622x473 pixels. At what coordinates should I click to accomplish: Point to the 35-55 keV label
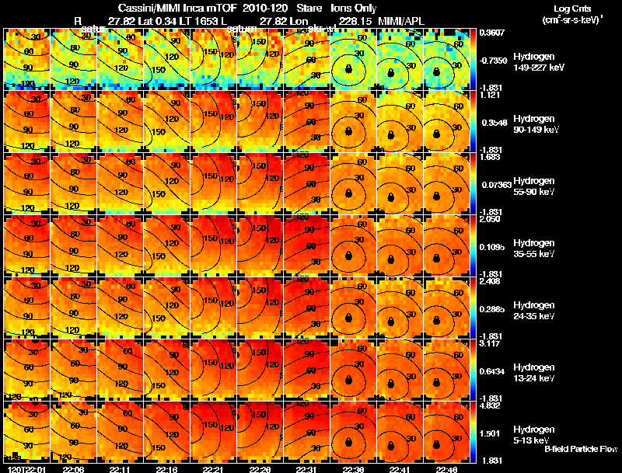click(x=534, y=254)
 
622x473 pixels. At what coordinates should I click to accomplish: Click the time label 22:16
click(x=166, y=469)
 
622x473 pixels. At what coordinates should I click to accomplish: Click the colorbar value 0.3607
click(x=493, y=33)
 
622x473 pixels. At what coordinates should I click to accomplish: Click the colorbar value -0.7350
click(x=494, y=60)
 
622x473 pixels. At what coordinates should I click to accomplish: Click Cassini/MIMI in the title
click(x=137, y=7)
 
